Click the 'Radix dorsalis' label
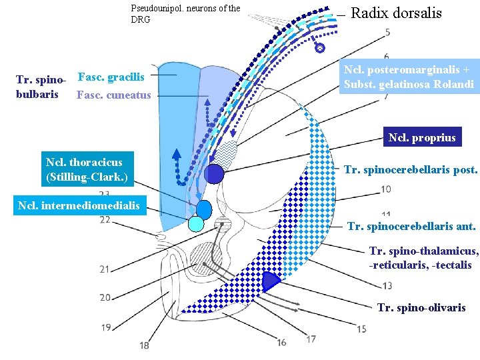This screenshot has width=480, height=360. point(396,13)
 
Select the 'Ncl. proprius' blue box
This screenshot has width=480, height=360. point(422,138)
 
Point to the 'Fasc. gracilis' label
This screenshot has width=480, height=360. point(111,77)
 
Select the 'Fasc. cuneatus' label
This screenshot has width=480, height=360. point(114,95)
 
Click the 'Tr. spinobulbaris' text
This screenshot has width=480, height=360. point(41,87)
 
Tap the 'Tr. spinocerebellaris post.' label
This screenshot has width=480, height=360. point(411,170)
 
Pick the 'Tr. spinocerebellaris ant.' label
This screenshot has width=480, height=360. point(411,227)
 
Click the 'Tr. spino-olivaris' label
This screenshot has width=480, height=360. point(421,307)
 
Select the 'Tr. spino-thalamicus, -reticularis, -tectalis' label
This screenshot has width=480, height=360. point(424,258)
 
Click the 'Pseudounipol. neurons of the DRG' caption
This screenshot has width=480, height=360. point(185,14)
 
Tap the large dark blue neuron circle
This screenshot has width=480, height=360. point(214,173)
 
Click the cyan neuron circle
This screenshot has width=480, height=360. point(196,224)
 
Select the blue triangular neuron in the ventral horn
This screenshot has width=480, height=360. point(270,281)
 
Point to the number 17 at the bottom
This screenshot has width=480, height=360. point(311,339)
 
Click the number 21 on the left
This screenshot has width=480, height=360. point(105,269)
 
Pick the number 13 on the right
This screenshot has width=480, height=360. point(387,286)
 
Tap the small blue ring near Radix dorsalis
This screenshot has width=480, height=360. point(319,48)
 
